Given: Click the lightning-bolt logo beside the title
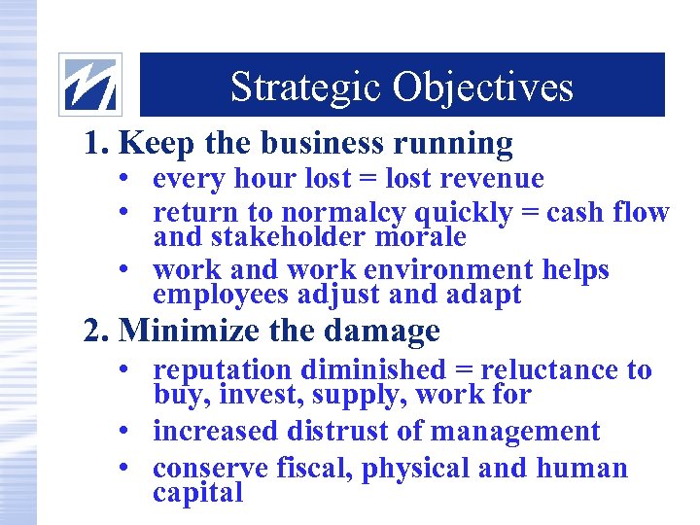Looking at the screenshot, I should [90, 85].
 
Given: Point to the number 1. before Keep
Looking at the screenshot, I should [95, 144].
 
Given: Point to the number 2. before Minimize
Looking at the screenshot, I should [95, 332].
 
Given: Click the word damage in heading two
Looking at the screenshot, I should [396, 332].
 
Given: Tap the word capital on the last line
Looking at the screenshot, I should [197, 493].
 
